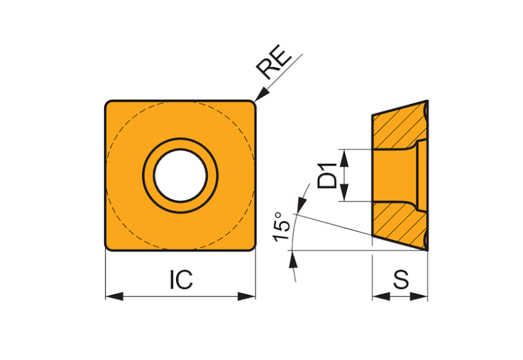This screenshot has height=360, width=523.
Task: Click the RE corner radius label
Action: point(271,63)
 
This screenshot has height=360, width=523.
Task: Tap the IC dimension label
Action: point(181,280)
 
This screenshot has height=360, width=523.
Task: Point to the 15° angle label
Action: point(281,226)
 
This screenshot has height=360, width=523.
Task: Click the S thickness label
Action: point(400,279)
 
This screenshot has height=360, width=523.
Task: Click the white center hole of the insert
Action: point(181,175)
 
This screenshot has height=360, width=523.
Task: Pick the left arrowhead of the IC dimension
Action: point(114,296)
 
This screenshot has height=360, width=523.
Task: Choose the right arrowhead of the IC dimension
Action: point(246,296)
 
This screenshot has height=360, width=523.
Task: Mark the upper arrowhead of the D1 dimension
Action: point(344,159)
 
